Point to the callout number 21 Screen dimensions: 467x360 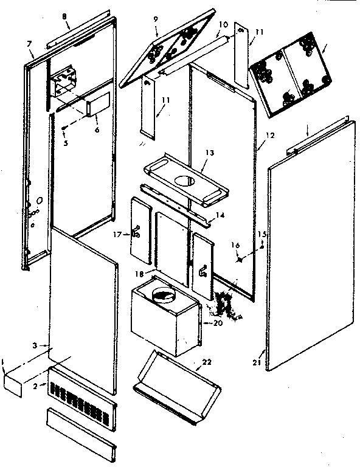[x=262, y=362]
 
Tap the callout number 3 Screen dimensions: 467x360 [x=36, y=345]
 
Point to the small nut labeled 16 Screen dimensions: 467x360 [x=240, y=258]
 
